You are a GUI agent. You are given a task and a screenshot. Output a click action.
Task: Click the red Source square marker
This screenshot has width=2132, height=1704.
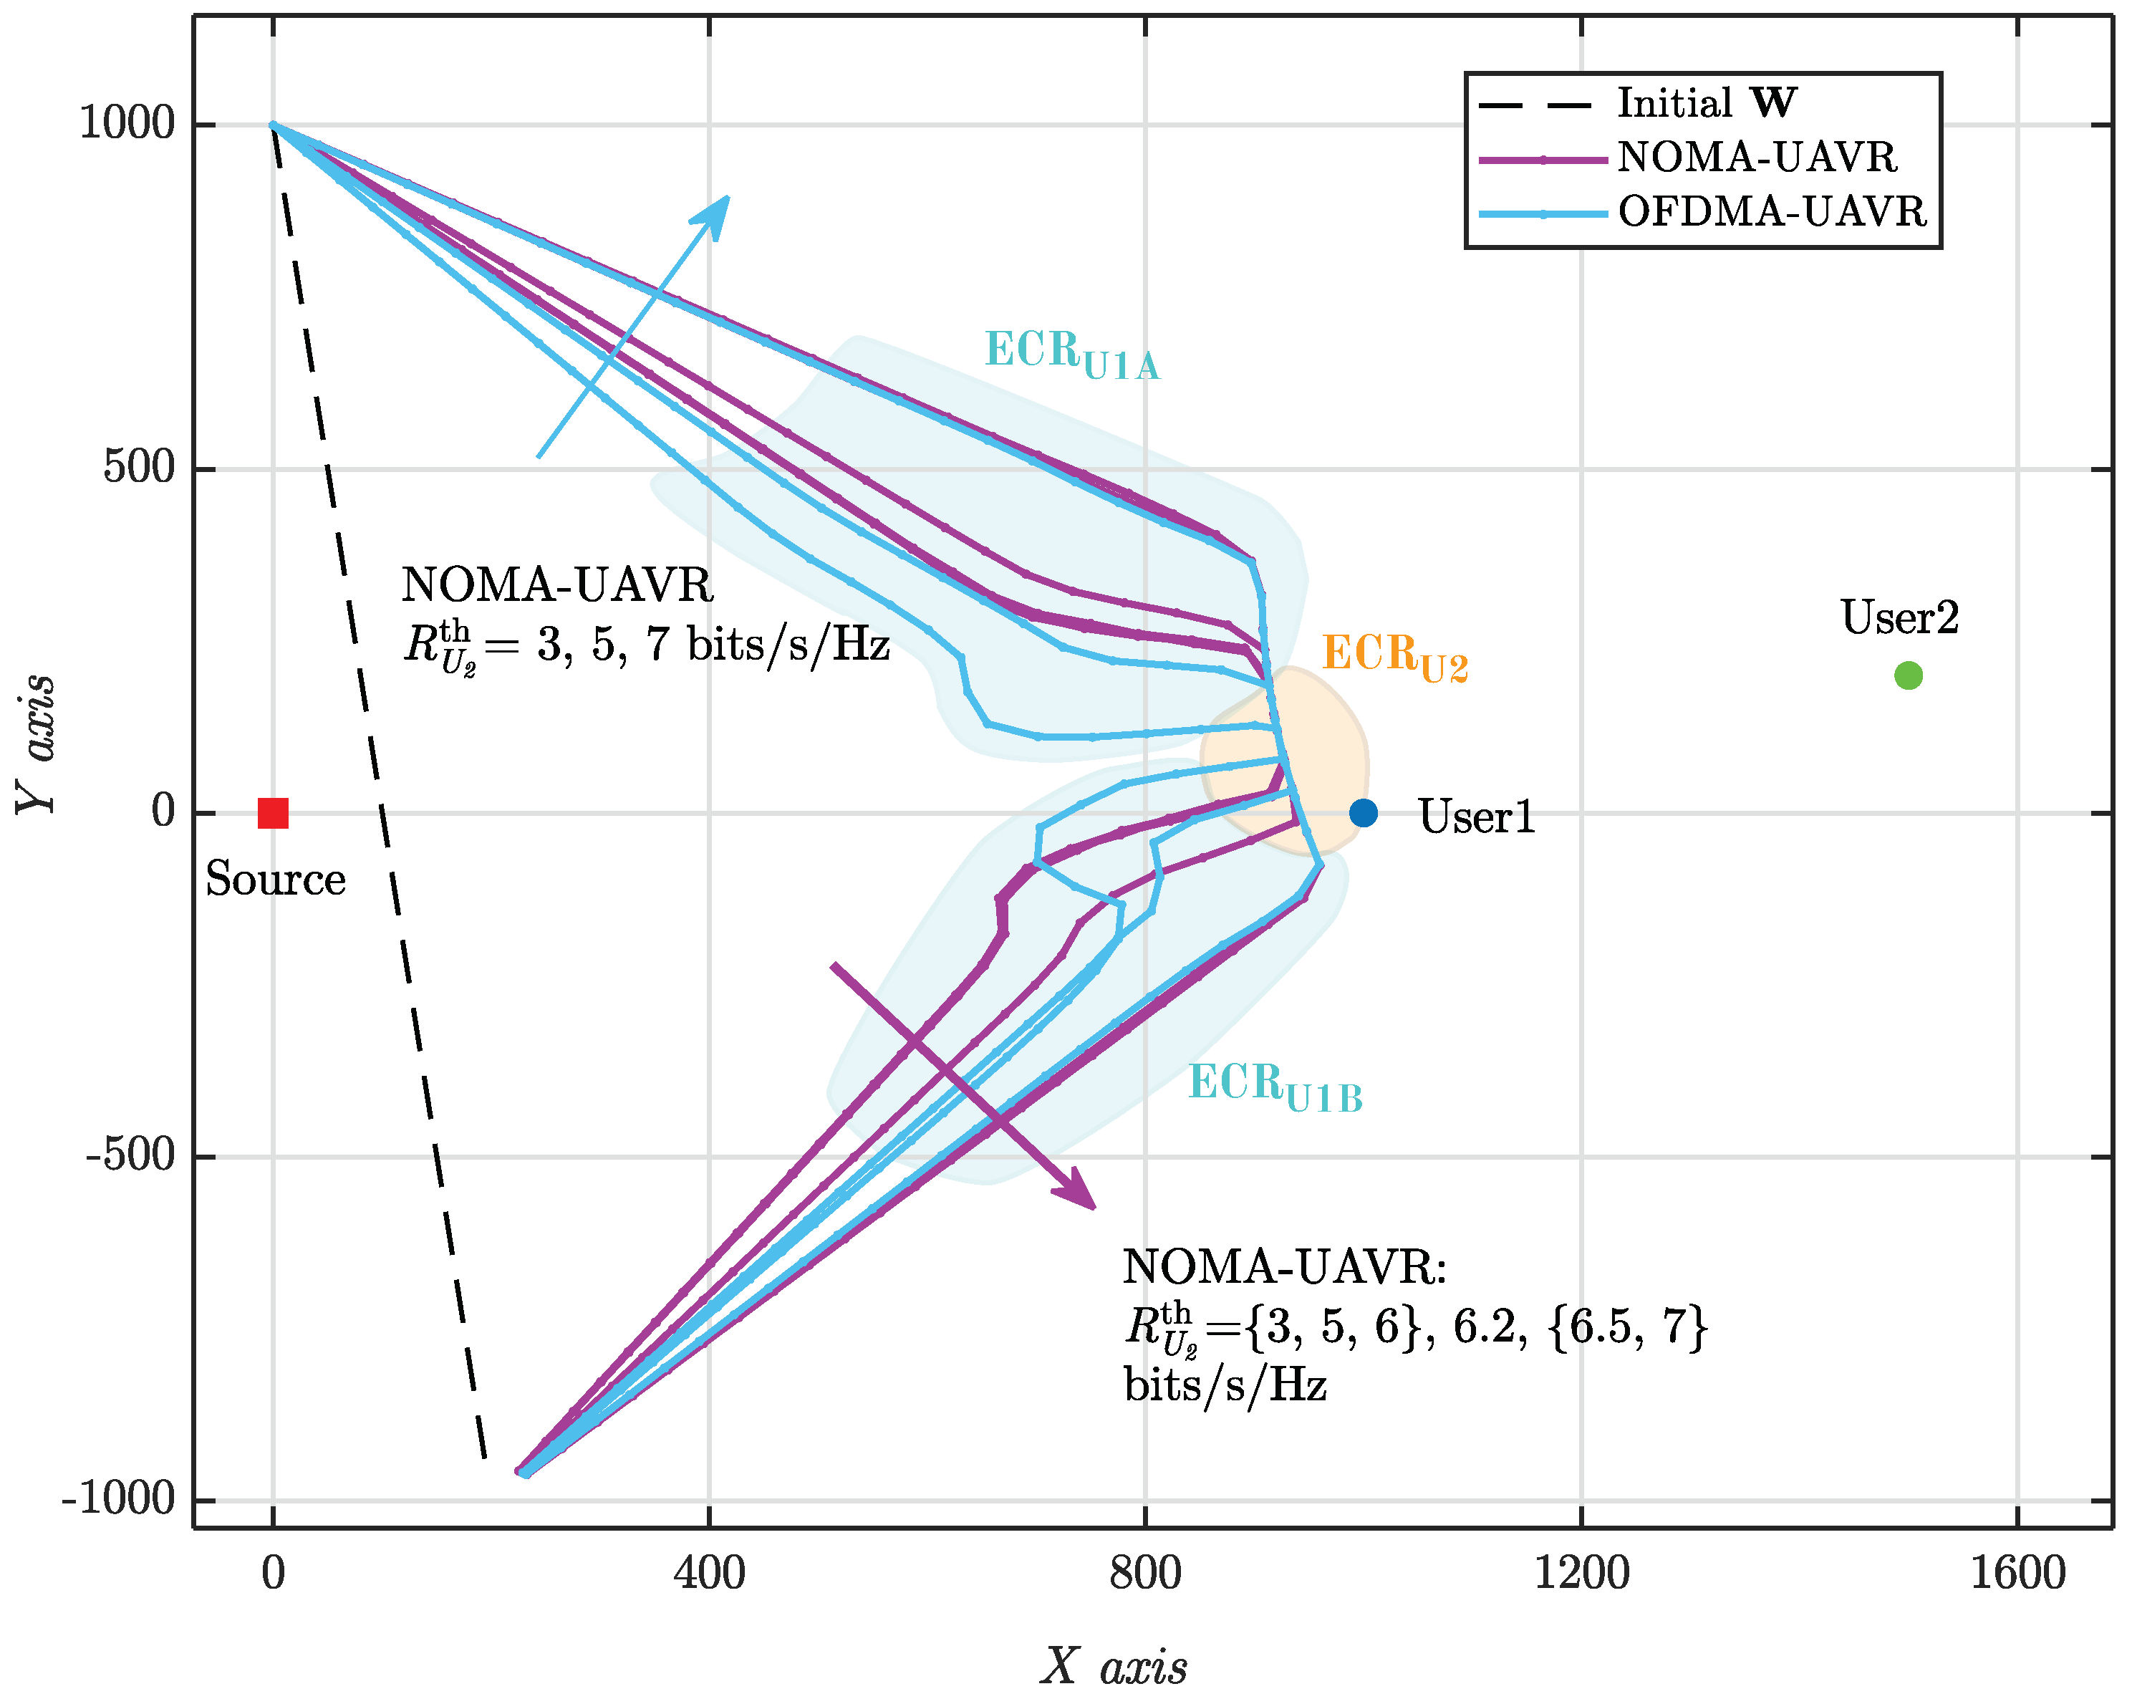coord(273,813)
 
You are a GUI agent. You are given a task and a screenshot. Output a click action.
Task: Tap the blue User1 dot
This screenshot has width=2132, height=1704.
coord(1363,813)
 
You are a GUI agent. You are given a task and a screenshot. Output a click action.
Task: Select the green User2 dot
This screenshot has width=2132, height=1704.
coord(1908,675)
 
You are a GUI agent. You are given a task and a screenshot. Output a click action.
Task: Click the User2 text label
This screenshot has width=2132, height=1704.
coord(1899,618)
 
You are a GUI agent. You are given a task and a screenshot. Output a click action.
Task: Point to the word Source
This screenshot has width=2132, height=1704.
coord(275,879)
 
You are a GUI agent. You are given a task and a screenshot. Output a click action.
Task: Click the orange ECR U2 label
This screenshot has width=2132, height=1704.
coord(1394,657)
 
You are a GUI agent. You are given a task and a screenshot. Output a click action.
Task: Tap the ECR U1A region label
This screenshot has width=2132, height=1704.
coord(1071,354)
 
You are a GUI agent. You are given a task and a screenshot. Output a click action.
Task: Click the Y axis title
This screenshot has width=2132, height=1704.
coord(37,743)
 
